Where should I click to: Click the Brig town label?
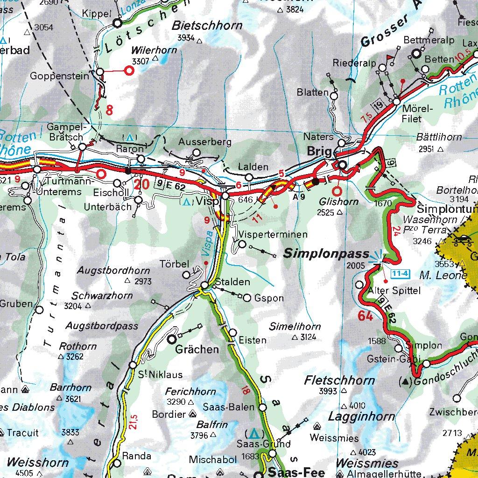(320, 152)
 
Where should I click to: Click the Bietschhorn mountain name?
(207, 25)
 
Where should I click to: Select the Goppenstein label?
(59, 76)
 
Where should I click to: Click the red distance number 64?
(366, 316)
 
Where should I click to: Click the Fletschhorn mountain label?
(339, 380)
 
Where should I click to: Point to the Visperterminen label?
(273, 234)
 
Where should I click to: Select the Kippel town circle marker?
(117, 22)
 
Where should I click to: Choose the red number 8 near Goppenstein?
(110, 110)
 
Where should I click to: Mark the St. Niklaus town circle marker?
(133, 365)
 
